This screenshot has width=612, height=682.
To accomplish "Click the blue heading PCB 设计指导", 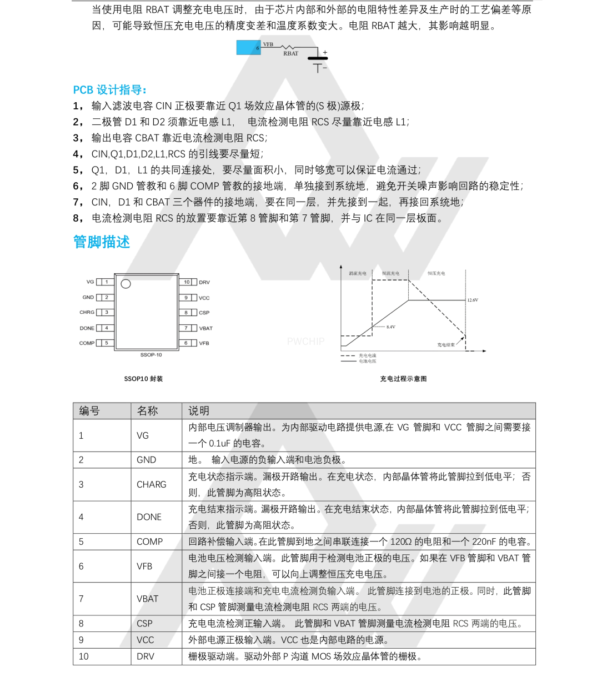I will point(109,90).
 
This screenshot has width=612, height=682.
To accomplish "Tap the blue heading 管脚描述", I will point(102,242).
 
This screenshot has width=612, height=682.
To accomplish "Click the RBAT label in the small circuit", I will point(290,54).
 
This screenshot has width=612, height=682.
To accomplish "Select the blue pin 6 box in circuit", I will point(249,48).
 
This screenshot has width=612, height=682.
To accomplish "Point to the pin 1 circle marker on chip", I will point(126,284).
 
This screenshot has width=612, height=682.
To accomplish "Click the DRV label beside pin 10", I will point(204,282).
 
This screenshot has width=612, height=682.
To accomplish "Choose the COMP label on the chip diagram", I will point(87,343).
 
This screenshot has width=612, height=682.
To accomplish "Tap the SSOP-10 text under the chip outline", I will point(151,355).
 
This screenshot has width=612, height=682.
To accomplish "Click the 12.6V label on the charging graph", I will point(473,300).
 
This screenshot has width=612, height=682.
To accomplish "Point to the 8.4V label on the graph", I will point(391,327).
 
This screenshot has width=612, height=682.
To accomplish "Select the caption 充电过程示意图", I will point(403,379).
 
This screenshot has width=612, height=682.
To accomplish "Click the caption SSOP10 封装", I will point(143,379).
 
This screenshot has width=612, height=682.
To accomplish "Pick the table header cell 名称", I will point(147,411).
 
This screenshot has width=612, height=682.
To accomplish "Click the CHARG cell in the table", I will point(151,484).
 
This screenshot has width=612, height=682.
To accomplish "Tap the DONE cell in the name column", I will point(149,517).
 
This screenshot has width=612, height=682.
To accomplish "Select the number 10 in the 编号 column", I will point(83,656).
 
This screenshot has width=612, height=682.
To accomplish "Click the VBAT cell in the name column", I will point(147,599).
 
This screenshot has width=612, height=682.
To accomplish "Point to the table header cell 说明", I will point(199,411).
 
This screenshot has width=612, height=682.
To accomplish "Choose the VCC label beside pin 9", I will point(204,298).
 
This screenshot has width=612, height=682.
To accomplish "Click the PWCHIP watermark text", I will point(305,342).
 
